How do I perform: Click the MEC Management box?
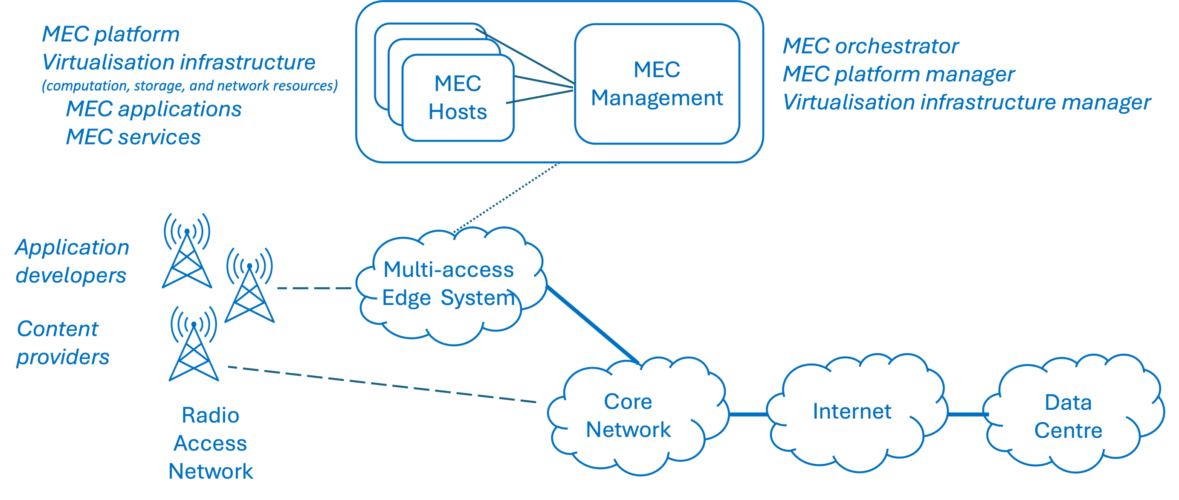(657, 84)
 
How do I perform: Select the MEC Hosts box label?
(457, 98)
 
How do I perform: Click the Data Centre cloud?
(1068, 416)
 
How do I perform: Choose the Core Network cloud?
(629, 416)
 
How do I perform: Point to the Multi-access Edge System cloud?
(448, 284)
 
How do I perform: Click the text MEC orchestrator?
(870, 46)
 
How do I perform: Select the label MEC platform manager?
(898, 74)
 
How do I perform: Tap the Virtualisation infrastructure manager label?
(966, 102)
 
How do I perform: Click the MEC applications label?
(154, 109)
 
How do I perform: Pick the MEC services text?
(133, 137)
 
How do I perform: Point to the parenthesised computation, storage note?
(189, 86)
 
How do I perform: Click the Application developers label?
(72, 261)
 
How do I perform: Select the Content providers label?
(63, 343)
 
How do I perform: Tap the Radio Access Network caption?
(211, 443)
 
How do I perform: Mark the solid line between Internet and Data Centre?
(967, 414)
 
